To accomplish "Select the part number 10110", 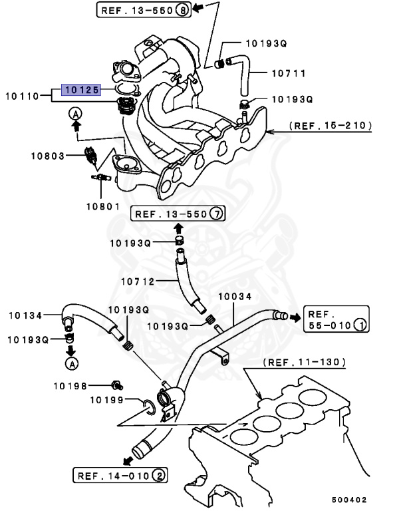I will click(25, 96).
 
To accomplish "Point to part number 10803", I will click(47, 156).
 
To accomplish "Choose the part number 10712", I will click(137, 281).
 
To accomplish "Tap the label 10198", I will click(72, 385).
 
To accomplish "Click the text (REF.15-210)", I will click(330, 124).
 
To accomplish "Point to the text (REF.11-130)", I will click(303, 363).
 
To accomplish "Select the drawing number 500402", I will click(349, 499).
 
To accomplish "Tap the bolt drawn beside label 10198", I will click(117, 385).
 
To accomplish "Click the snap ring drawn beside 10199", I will click(150, 407).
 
